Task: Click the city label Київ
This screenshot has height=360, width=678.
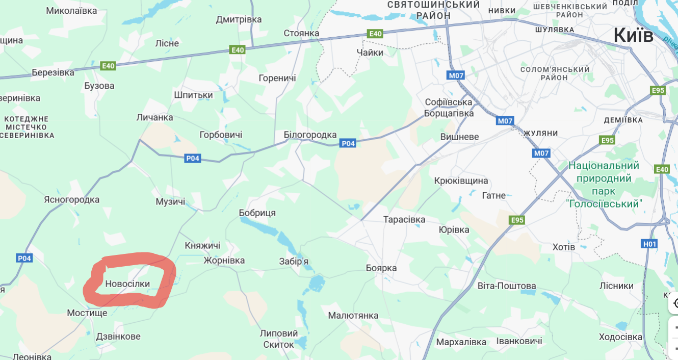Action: coord(633,35)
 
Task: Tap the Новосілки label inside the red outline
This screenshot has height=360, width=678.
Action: coord(127,284)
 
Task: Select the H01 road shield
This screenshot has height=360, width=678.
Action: coord(650,244)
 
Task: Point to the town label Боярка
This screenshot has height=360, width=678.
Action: coord(381,268)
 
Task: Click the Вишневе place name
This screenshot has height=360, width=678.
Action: coord(460,137)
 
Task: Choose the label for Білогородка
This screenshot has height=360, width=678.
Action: coord(310,135)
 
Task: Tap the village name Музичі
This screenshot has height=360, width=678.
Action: coord(170,202)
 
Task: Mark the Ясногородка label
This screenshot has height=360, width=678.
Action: coord(72,199)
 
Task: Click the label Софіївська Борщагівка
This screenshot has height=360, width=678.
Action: coord(449,108)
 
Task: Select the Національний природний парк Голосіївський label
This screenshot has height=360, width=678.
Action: coord(604,185)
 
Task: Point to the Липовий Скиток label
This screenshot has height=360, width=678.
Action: coord(279,339)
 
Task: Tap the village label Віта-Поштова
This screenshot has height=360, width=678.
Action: coord(507,286)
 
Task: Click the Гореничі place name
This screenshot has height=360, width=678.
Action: coord(277,78)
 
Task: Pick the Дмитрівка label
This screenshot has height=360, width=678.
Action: coord(239,19)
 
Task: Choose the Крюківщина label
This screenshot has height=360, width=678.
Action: coord(461,181)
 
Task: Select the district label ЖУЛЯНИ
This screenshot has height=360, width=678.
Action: coord(540,133)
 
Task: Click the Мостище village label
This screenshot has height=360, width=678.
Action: coord(87,313)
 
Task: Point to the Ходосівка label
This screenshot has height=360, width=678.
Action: coord(620,337)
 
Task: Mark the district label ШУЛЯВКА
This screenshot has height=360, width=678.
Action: coord(555,30)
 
